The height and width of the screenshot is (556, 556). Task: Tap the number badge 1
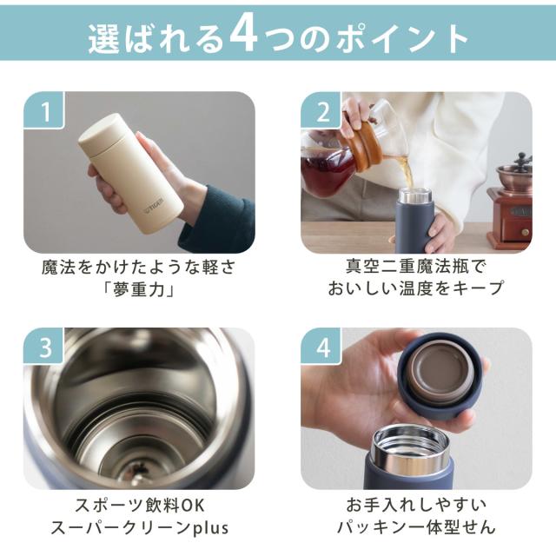[x=44, y=110]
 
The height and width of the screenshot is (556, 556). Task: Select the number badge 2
[x=321, y=110]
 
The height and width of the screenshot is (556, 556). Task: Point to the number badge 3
[x=44, y=346]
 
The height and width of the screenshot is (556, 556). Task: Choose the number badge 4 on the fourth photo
[x=321, y=346]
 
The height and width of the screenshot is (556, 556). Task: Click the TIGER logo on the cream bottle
[x=155, y=207]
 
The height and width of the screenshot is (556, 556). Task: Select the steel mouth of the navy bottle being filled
[x=415, y=195]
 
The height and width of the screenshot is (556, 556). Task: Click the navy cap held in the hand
[x=440, y=376]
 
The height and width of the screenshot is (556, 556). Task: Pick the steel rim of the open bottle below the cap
[x=412, y=447]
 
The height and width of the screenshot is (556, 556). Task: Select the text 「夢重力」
[x=139, y=290]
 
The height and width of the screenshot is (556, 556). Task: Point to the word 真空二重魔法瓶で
[x=415, y=267]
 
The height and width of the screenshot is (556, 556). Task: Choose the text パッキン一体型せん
[x=415, y=527]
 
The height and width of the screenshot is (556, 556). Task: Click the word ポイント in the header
[x=403, y=38]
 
